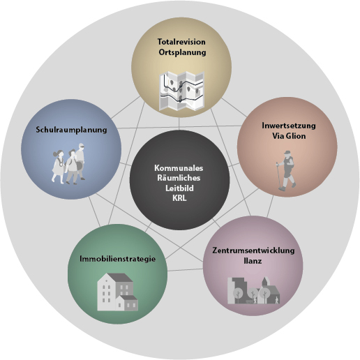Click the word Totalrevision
[181, 42]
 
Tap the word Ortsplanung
[182, 52]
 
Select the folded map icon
[181, 91]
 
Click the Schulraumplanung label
[71, 130]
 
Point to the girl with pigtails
[58, 167]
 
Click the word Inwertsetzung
[289, 126]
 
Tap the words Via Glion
[289, 136]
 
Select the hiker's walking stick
[279, 175]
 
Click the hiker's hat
[287, 153]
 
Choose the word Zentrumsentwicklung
[253, 250]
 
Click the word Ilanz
[253, 261]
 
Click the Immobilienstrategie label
[117, 259]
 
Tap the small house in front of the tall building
[127, 303]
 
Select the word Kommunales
[179, 168]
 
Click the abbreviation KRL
[179, 198]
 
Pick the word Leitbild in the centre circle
[179, 188]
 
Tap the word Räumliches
[179, 178]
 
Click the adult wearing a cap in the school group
[80, 161]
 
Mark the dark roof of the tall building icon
[121, 278]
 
